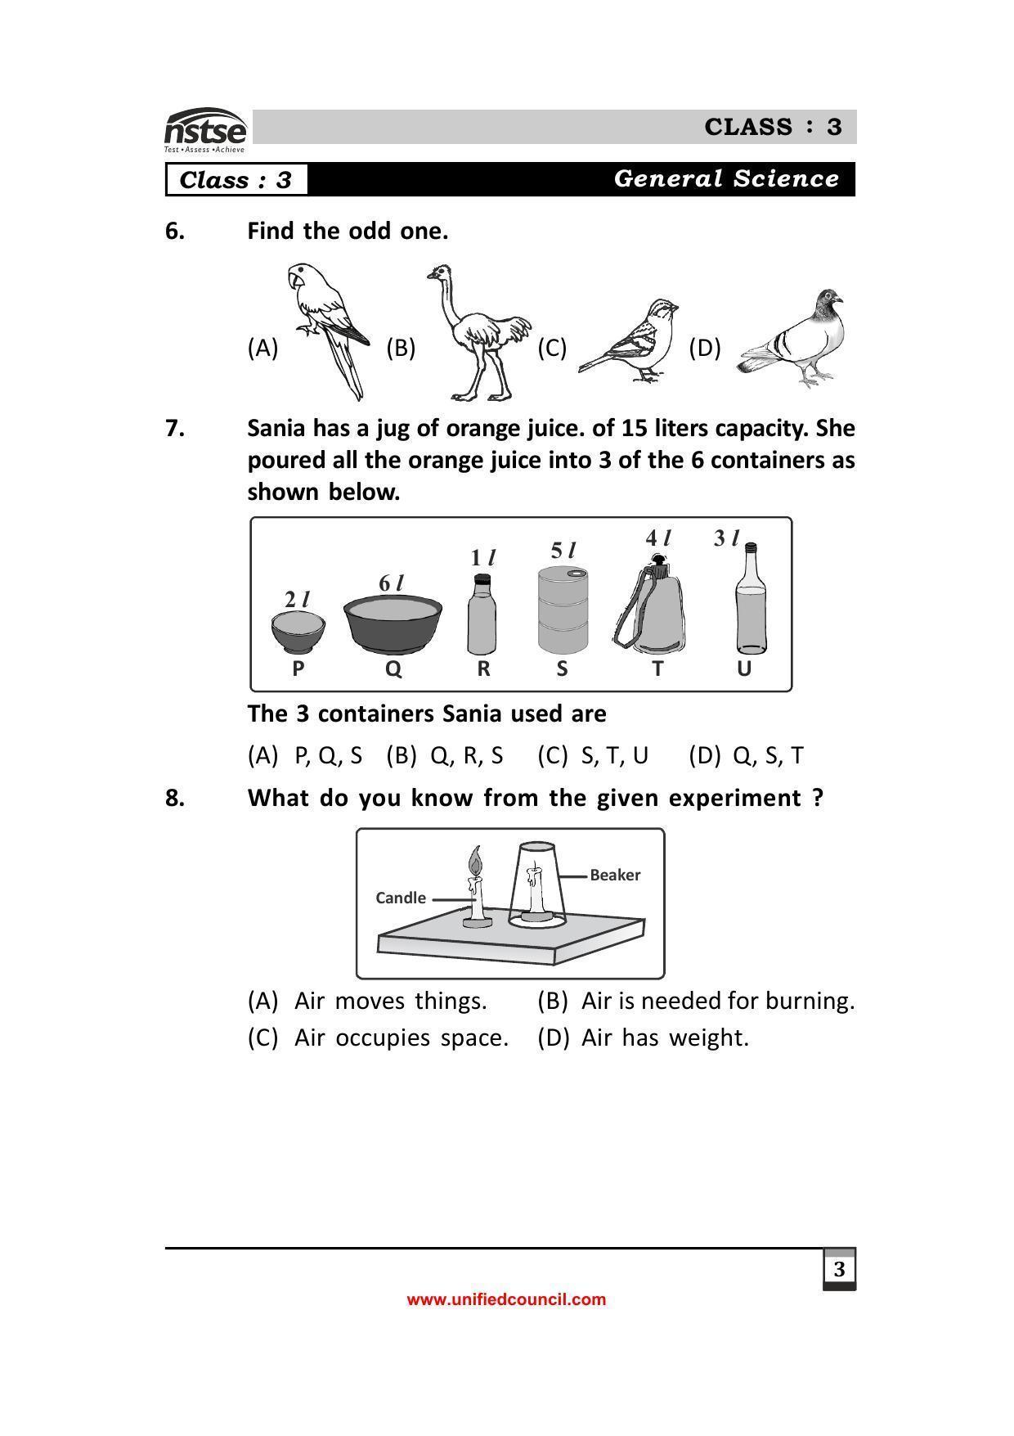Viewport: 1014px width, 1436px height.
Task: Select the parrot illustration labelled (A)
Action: [x=327, y=327]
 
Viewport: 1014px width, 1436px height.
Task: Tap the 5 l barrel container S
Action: [x=563, y=610]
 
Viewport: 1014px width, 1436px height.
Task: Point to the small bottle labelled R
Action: [x=482, y=615]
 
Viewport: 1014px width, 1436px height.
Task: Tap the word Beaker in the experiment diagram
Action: [x=615, y=875]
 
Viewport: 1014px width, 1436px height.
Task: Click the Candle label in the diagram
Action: [x=400, y=898]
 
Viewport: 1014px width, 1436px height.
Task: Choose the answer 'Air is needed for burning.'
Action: [x=717, y=1001]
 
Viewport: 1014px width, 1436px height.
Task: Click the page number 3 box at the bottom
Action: [x=839, y=1270]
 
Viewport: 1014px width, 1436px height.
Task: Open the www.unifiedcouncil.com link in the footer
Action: [x=506, y=1299]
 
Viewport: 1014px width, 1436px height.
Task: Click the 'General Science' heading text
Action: [x=726, y=179]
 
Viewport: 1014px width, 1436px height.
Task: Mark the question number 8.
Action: [x=175, y=798]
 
